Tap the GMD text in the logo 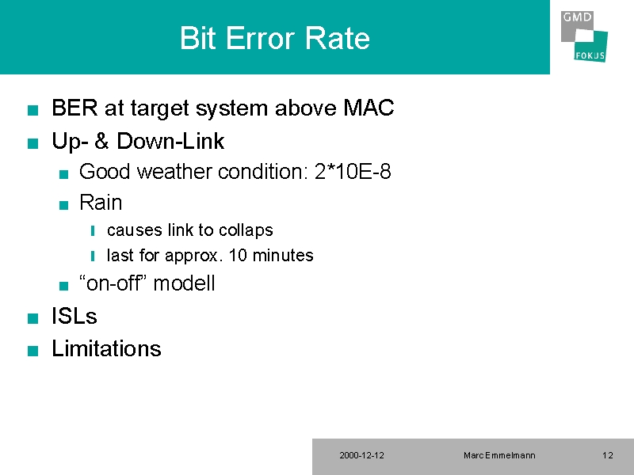click(577, 17)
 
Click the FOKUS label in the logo click(590, 55)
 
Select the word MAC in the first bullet click(369, 108)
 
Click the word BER click(74, 108)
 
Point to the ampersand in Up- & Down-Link click(101, 141)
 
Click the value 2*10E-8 click(353, 172)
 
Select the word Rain click(101, 203)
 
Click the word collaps click(246, 230)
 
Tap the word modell click(184, 283)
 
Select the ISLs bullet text click(74, 316)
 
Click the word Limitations click(106, 348)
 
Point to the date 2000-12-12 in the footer click(362, 456)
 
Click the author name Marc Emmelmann click(499, 456)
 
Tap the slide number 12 click(608, 456)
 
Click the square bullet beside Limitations click(32, 351)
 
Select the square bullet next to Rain click(63, 205)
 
